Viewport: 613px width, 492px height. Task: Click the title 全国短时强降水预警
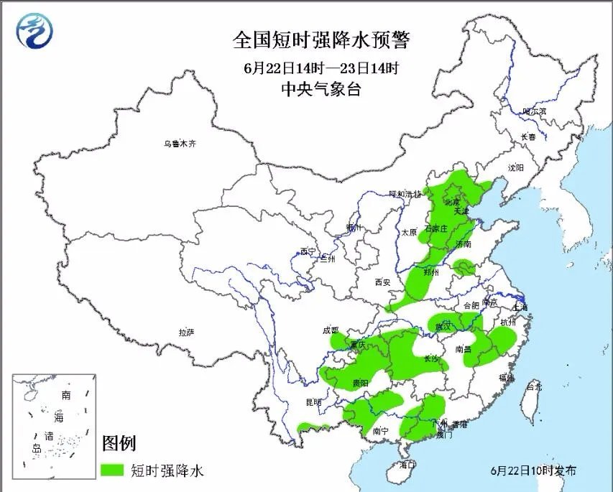[x=321, y=40]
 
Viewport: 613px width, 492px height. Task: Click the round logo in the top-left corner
[x=35, y=32]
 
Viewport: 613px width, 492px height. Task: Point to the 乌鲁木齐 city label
[x=179, y=144]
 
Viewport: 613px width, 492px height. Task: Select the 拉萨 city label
[x=186, y=332]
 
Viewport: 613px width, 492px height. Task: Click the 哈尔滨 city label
[x=534, y=111]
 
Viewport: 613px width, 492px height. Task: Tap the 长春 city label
[x=528, y=136]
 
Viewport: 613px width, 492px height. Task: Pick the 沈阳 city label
[x=515, y=167]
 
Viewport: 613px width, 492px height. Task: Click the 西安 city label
[x=382, y=282]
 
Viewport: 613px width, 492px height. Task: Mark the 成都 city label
[x=331, y=330]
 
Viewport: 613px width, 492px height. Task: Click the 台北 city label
[x=533, y=386]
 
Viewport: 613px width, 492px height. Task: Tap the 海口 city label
[x=407, y=465]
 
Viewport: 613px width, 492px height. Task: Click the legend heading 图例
[x=119, y=443]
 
